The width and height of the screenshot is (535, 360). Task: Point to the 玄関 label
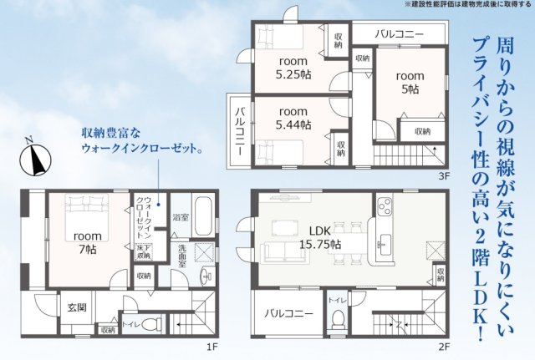click(77, 307)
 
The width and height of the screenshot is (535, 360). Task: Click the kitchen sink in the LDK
click(386, 244)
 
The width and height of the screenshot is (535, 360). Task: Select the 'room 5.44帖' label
click(293, 118)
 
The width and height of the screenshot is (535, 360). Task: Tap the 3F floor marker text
click(444, 176)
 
